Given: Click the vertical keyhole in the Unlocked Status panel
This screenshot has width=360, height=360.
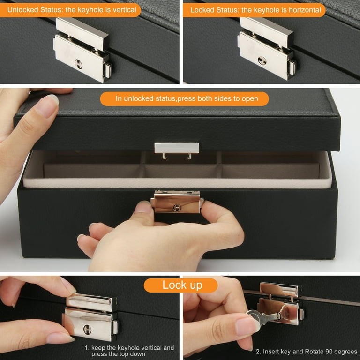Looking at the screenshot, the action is tap(78, 64).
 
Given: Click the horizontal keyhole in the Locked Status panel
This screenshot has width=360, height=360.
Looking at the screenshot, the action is tap(262, 60).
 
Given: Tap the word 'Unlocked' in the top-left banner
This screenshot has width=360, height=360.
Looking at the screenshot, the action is tap(22, 10).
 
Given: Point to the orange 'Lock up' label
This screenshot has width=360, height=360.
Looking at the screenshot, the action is tap(180, 285).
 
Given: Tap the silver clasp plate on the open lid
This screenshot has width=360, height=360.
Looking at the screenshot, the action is tap(177, 148).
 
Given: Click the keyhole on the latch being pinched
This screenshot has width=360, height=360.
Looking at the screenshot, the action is tap(177, 208).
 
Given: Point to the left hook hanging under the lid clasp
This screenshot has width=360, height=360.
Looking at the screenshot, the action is tap(164, 156).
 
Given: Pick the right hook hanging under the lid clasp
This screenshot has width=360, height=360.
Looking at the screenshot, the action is tap(189, 156).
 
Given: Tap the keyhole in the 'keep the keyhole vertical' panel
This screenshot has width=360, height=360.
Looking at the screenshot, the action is tap(87, 330).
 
